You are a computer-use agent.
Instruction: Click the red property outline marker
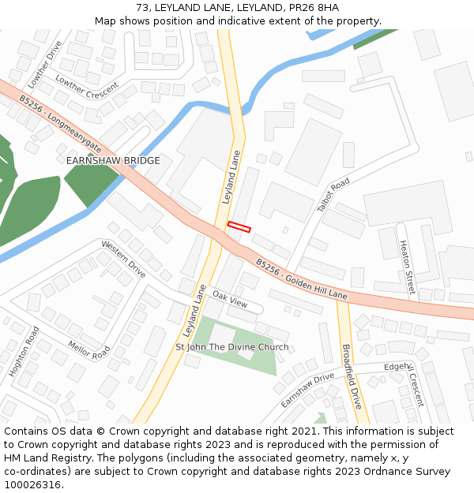click(x=239, y=227)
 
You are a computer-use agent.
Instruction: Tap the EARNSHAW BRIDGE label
click(x=113, y=161)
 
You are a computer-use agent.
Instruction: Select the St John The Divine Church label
click(x=231, y=347)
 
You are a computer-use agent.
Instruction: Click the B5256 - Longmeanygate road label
click(x=61, y=124)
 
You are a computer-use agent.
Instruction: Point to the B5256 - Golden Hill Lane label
click(x=301, y=281)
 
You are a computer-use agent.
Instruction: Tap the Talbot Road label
click(x=333, y=196)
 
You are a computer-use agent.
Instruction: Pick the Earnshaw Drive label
click(x=307, y=390)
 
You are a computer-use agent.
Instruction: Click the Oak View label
click(x=230, y=300)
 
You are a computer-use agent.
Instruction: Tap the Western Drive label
click(x=123, y=260)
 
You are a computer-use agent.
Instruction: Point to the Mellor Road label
click(x=89, y=350)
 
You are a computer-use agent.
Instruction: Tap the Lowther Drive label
click(x=44, y=65)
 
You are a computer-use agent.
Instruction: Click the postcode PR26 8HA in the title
click(x=314, y=8)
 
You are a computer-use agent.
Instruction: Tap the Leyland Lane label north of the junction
click(x=232, y=177)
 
